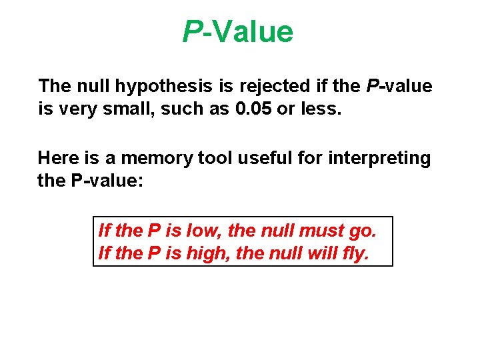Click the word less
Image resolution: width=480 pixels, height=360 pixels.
(322, 109)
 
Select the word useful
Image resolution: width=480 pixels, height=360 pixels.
(255, 158)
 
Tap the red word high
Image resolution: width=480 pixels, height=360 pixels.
(207, 254)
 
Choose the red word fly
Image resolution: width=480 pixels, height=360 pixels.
(353, 254)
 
